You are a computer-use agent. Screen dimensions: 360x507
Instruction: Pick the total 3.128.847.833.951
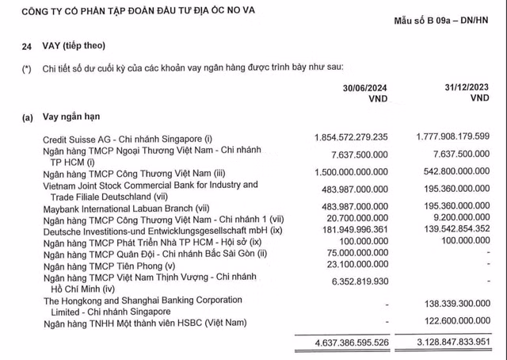pyautogui.click(x=441, y=341)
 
